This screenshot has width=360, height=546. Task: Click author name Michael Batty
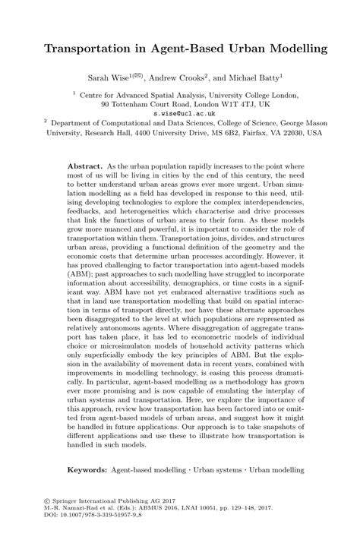point(253,77)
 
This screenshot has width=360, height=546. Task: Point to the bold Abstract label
point(86,165)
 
